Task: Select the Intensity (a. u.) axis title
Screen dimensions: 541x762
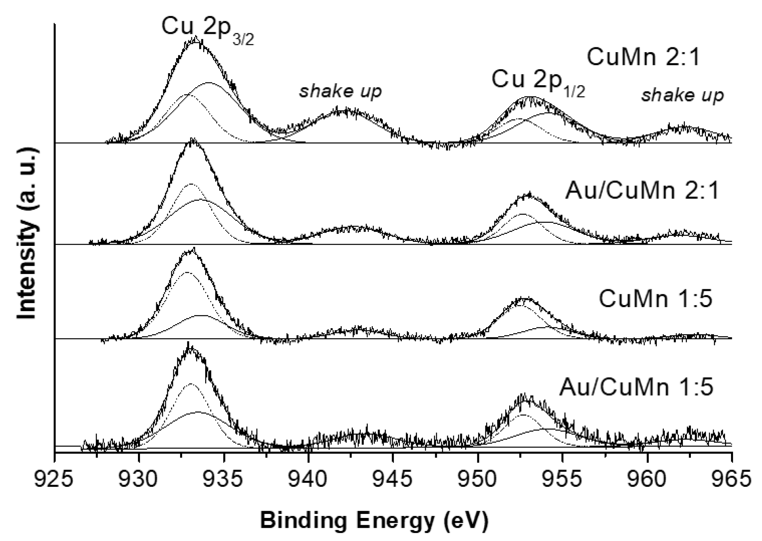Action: coord(27,234)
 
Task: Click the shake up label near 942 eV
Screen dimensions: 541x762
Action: coord(340,91)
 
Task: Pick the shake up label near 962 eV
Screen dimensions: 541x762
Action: coord(682,95)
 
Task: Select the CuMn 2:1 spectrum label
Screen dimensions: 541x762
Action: coord(643,57)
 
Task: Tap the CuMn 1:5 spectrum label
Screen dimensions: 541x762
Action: coord(655,298)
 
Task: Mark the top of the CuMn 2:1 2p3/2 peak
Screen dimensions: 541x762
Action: coord(196,39)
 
